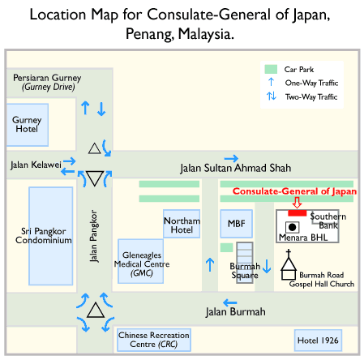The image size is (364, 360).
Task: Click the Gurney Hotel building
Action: click(x=28, y=125)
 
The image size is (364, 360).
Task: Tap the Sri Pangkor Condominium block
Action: click(x=51, y=236)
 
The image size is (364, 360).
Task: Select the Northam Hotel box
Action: click(x=182, y=224)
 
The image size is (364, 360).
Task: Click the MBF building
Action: click(x=237, y=224)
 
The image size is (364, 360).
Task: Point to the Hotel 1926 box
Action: click(x=318, y=341)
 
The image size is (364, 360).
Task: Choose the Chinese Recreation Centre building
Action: click(x=154, y=340)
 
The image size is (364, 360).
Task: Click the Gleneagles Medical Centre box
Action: click(x=141, y=261)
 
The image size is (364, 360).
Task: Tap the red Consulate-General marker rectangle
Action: click(x=298, y=213)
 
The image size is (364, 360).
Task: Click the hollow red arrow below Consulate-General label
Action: click(x=297, y=203)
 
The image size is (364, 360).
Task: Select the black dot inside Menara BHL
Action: click(x=292, y=227)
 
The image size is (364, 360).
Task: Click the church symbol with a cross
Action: click(x=289, y=264)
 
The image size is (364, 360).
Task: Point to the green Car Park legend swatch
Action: click(x=271, y=69)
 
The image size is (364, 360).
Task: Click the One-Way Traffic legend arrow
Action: click(x=271, y=82)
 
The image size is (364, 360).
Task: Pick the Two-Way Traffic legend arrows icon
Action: click(x=272, y=96)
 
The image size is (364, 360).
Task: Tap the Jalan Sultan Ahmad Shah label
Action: click(x=236, y=168)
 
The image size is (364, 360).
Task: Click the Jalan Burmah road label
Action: click(x=235, y=312)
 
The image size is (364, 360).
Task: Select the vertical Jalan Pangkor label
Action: click(x=93, y=236)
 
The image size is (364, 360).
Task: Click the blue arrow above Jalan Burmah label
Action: click(x=230, y=302)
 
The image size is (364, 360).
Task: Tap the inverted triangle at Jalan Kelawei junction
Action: click(x=95, y=178)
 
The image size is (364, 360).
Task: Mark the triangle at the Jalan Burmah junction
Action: click(x=96, y=311)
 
